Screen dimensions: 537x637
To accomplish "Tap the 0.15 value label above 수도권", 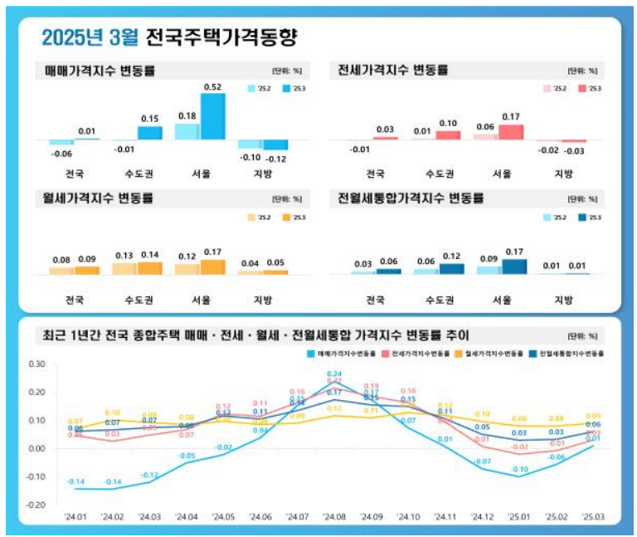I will point(150,119).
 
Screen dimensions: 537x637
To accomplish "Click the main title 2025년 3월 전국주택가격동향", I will point(169,37).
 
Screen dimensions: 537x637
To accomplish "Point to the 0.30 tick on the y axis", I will point(36,364).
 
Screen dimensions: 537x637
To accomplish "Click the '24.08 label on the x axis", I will point(334,517).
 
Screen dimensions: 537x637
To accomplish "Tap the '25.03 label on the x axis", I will point(593,517).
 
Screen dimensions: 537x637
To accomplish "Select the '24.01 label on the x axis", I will point(76,517).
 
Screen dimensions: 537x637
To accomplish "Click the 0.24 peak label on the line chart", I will point(334,374).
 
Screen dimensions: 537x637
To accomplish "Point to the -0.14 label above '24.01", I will point(75,482).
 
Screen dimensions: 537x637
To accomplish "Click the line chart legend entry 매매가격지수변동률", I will point(341,354).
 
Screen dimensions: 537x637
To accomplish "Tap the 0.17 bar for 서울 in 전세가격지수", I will point(512,131).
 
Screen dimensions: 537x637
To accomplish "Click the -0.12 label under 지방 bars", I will point(276,158).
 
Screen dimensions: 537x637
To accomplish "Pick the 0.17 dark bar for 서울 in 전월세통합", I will point(514,266).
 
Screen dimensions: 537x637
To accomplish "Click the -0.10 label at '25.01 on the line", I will point(519,470).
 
